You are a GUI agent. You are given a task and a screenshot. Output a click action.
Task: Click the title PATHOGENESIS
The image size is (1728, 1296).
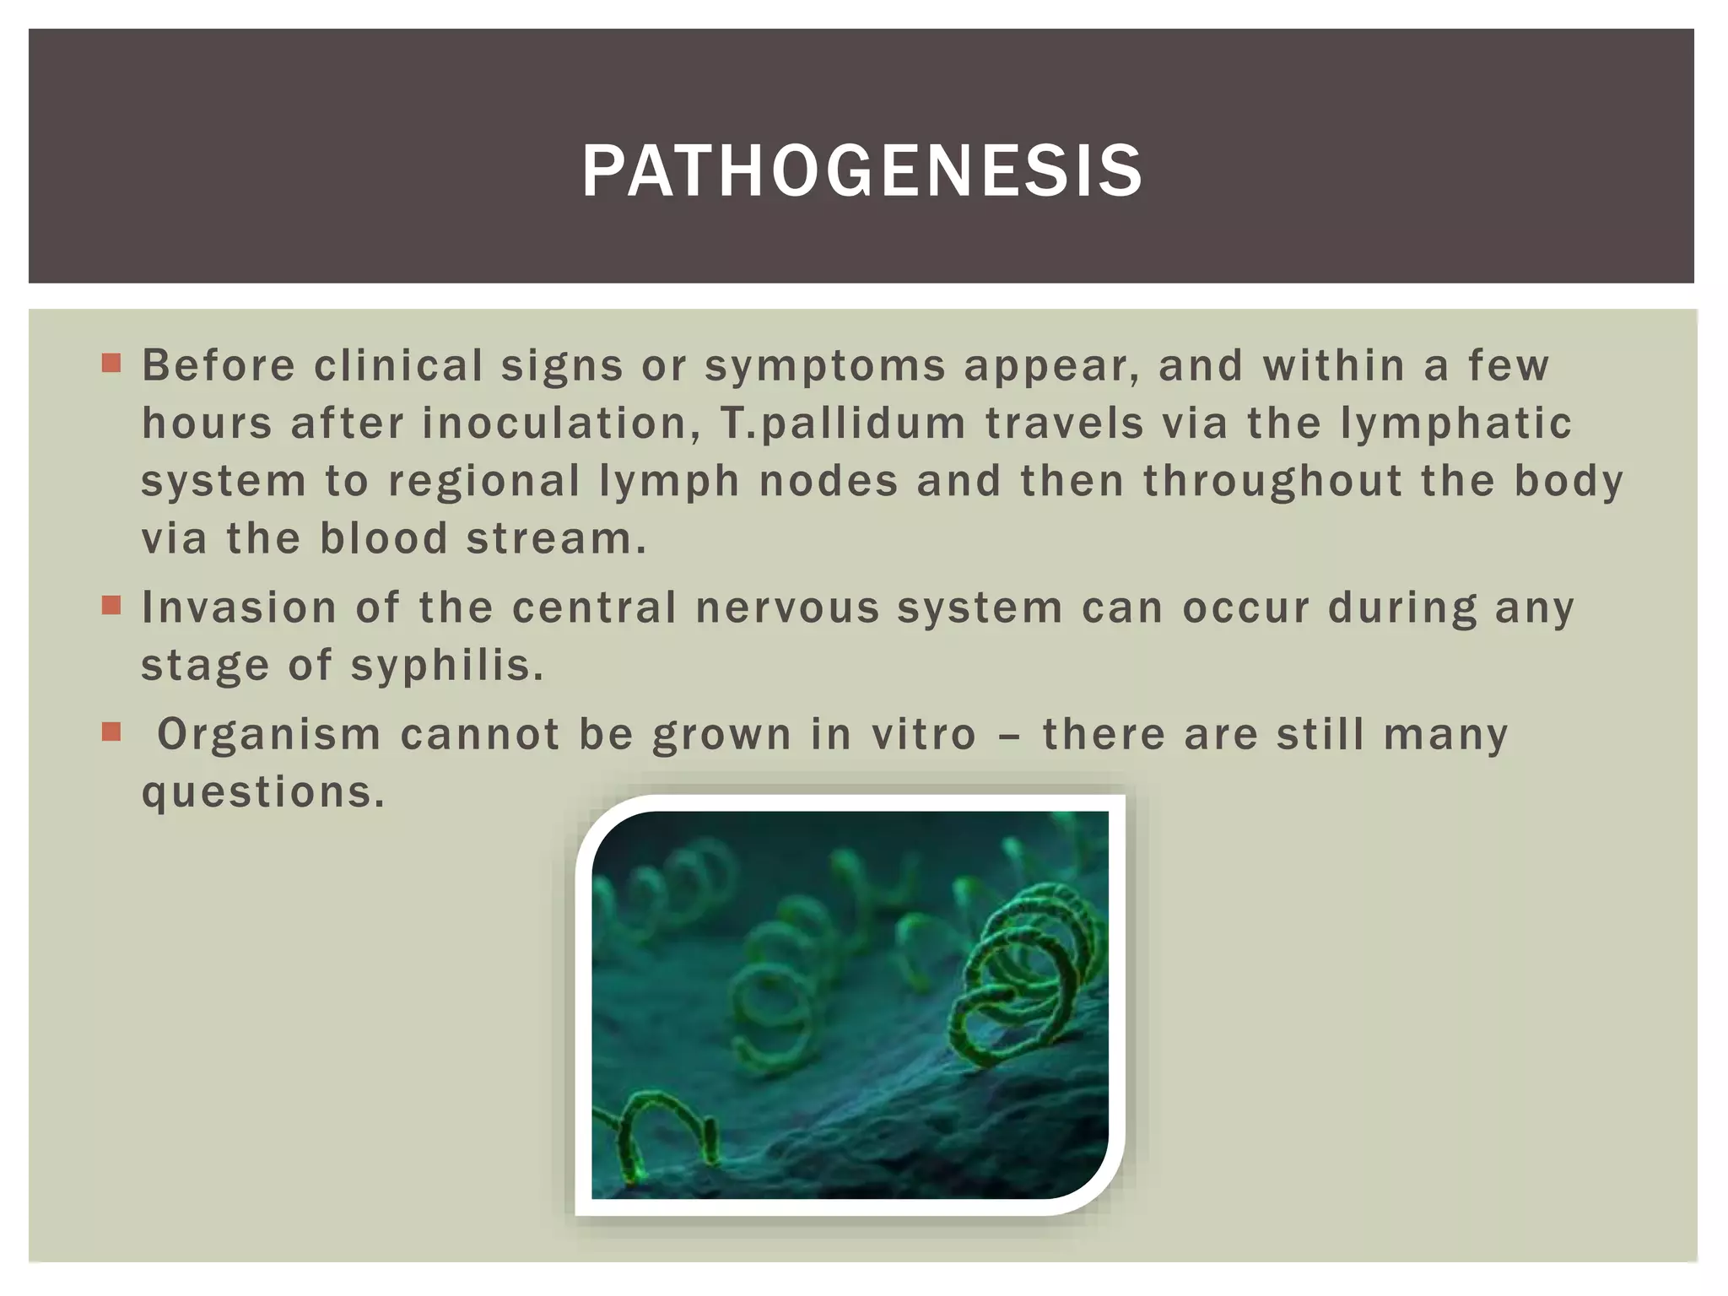coord(861,171)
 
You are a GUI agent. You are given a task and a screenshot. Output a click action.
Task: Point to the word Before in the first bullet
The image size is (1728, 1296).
coord(219,365)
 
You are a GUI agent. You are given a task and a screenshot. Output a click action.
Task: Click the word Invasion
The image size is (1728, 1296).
coord(239,607)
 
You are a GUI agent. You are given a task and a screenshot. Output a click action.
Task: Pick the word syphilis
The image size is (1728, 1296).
coord(447,666)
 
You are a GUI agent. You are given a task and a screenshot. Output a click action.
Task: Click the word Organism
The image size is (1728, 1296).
coord(269,734)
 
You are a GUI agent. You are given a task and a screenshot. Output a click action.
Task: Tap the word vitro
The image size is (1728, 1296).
coord(924,734)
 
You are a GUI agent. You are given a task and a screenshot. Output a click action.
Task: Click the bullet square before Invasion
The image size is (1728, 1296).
coord(111,605)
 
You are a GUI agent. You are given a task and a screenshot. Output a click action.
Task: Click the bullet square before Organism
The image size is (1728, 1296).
coord(111,731)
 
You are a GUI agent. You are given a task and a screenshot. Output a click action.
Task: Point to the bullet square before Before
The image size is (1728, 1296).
coord(111,363)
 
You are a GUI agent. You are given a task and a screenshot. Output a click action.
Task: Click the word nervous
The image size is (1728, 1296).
coord(787,607)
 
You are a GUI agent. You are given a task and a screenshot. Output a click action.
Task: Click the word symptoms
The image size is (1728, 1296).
coord(825,367)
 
